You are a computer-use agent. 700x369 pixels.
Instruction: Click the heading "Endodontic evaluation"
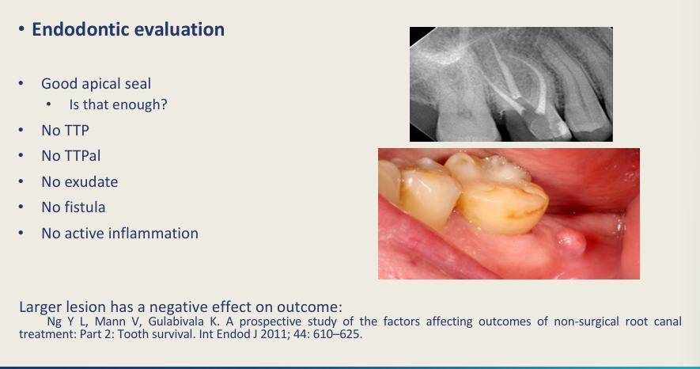click(x=128, y=29)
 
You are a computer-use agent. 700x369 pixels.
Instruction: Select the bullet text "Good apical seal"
click(x=96, y=84)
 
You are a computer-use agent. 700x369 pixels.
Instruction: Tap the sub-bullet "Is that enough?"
click(x=118, y=105)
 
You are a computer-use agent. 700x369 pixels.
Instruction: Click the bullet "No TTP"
click(x=65, y=131)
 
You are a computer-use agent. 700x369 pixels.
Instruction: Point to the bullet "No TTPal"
click(x=71, y=156)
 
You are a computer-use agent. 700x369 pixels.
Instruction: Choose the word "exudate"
click(x=93, y=182)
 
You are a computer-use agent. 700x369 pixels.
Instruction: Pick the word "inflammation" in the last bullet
click(x=153, y=233)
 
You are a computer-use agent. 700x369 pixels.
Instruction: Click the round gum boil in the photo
click(x=570, y=242)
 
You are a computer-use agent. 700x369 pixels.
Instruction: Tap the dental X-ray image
click(x=511, y=85)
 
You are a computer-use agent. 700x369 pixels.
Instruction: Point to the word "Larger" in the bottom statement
click(x=41, y=307)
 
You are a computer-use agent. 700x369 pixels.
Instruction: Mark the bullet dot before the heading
click(x=21, y=29)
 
